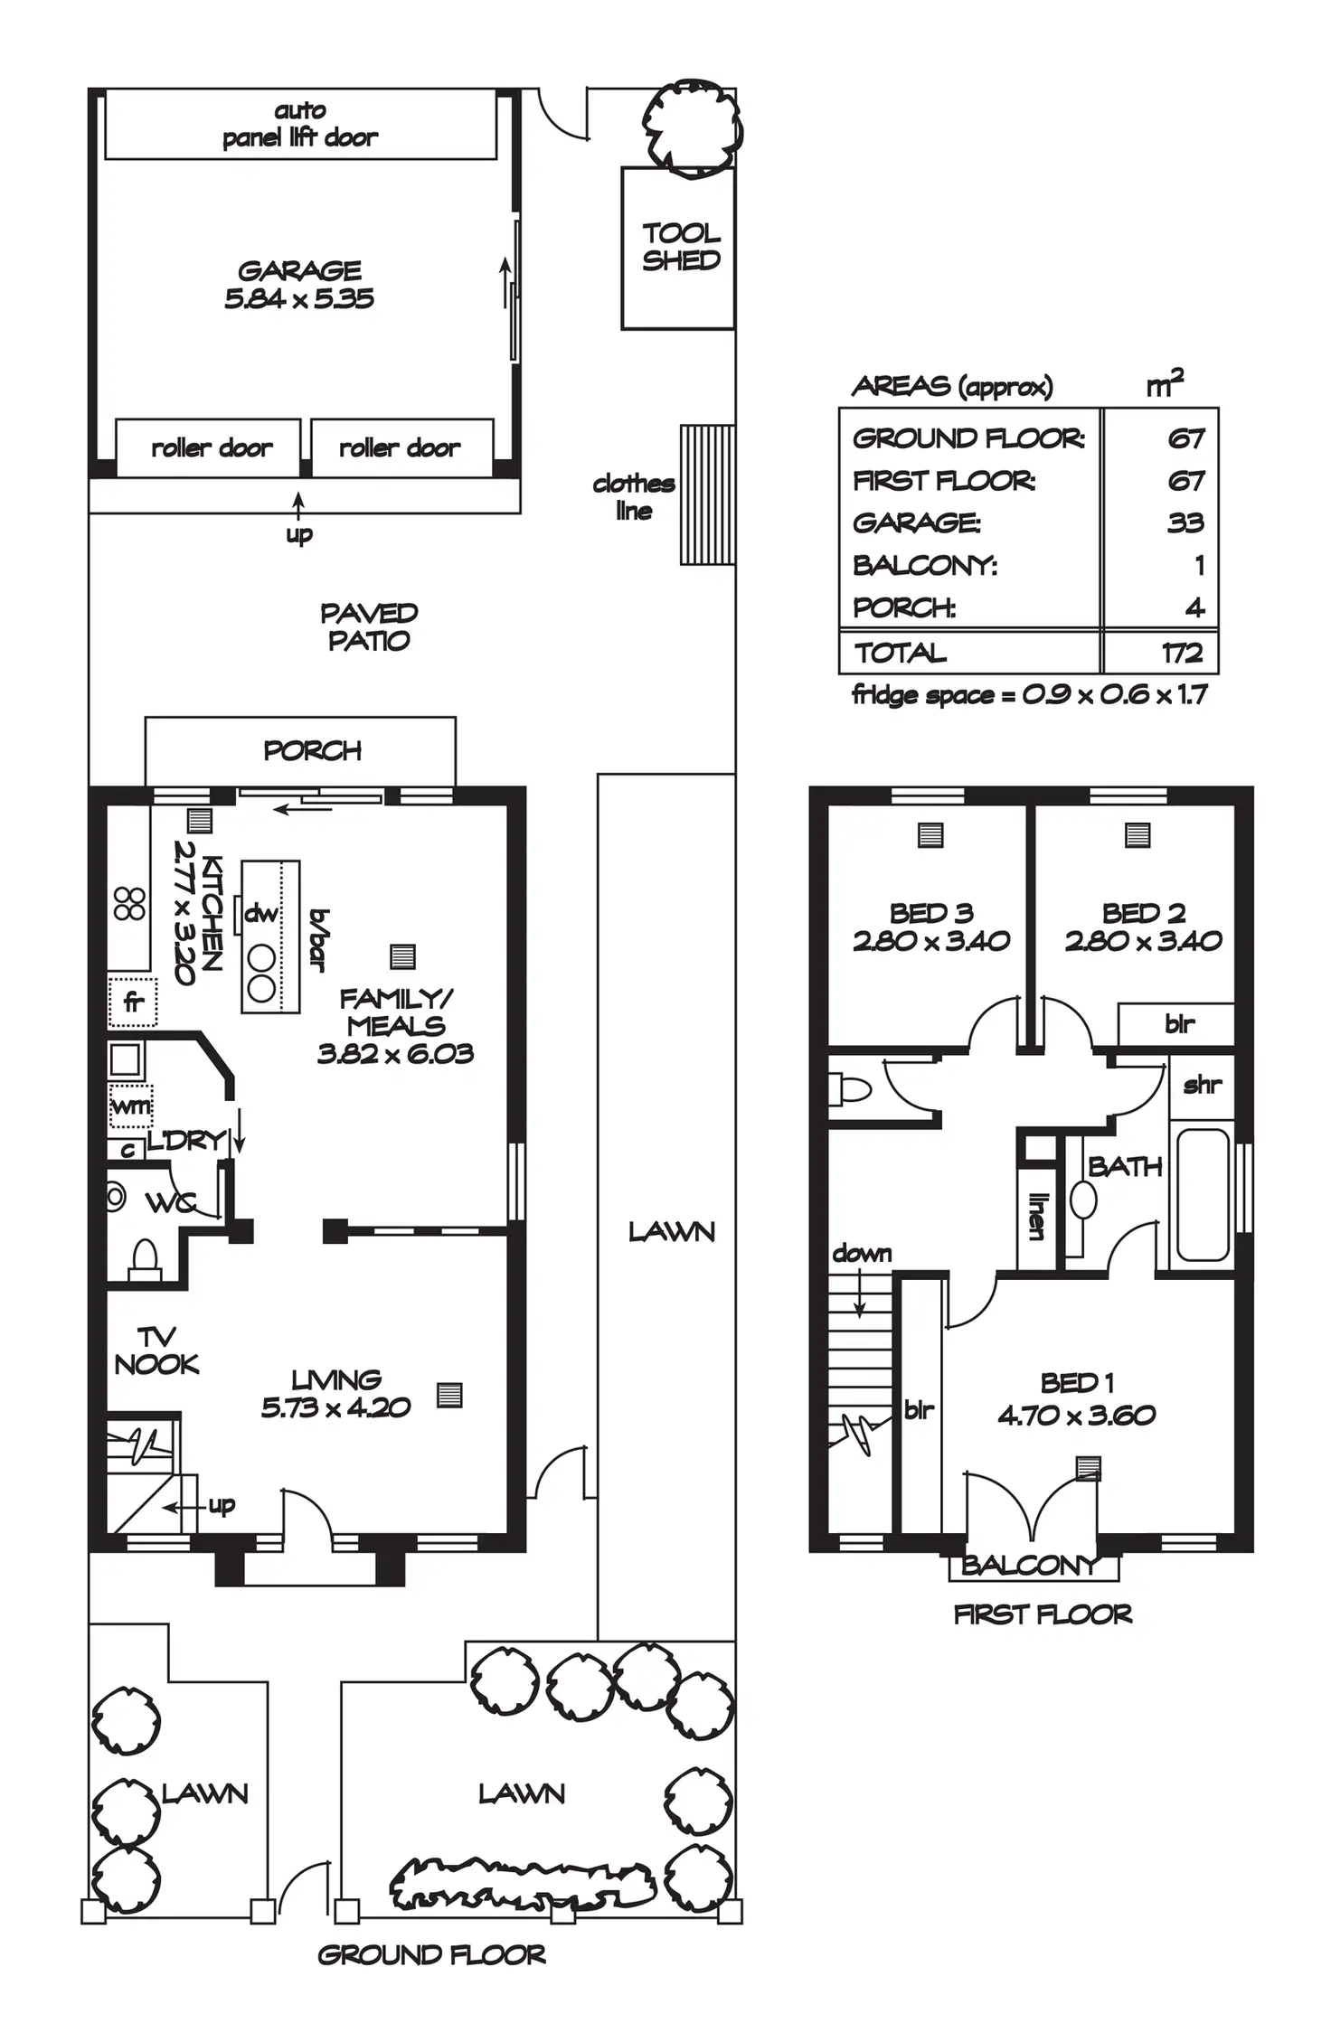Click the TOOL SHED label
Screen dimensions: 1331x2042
(x=680, y=247)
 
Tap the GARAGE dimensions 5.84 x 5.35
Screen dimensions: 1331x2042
(x=299, y=299)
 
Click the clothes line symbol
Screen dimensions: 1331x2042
(x=706, y=494)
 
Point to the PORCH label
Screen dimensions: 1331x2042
(x=312, y=750)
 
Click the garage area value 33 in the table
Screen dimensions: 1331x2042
(x=1185, y=522)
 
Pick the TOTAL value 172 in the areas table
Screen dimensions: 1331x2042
(x=1182, y=653)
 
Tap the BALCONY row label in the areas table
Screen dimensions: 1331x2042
(x=924, y=566)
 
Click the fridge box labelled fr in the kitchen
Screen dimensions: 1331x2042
(x=133, y=1001)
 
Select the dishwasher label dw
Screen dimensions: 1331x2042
(x=260, y=913)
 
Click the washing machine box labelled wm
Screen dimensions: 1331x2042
(x=130, y=1106)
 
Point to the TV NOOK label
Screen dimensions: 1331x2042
(x=156, y=1350)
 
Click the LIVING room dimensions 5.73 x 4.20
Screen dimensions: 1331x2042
(x=335, y=1407)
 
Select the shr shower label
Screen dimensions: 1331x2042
(x=1202, y=1085)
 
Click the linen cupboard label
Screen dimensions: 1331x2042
(x=1036, y=1216)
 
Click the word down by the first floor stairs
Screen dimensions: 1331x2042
(x=862, y=1254)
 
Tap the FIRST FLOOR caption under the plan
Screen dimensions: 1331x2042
(x=1042, y=1614)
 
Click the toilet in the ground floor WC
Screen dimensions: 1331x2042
(x=145, y=1256)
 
